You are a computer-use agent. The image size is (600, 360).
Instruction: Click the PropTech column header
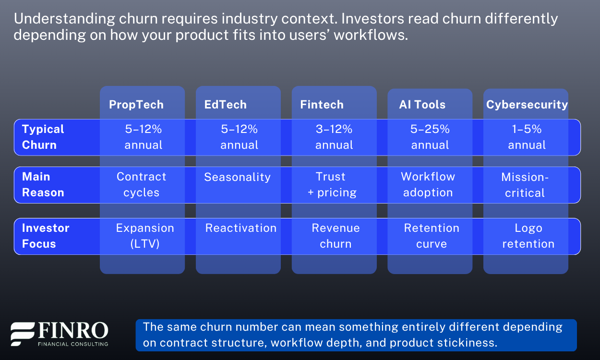click(136, 105)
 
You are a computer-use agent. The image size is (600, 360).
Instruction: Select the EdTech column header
click(225, 105)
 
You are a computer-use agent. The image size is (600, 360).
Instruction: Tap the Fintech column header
click(322, 105)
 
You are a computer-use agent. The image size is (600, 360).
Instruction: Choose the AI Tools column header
click(422, 105)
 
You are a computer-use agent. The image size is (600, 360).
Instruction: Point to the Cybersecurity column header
click(527, 105)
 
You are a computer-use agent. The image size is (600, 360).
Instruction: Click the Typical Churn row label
click(43, 137)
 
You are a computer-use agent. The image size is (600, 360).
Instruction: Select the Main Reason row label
click(43, 184)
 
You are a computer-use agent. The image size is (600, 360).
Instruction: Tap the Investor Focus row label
click(46, 236)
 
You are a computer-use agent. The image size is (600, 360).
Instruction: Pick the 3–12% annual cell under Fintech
click(334, 137)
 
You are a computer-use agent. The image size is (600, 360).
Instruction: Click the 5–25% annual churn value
click(430, 137)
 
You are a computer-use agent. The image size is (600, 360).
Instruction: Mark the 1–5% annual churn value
click(527, 137)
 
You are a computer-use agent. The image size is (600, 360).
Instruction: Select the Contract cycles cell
click(142, 184)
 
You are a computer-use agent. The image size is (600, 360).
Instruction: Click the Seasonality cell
click(238, 177)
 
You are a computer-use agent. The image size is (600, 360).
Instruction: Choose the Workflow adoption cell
click(428, 184)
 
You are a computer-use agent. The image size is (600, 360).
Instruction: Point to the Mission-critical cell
click(525, 185)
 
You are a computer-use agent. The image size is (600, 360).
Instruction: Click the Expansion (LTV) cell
click(145, 236)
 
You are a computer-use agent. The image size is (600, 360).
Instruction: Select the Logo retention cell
click(528, 236)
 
